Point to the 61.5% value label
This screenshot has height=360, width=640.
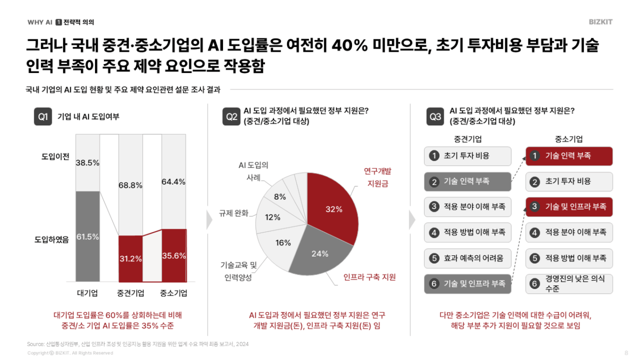point(87,237)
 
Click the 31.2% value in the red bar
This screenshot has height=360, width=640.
point(130,259)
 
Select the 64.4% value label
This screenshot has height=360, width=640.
point(173,182)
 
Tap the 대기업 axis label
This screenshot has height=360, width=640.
point(87,293)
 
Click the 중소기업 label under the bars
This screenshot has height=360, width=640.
point(173,293)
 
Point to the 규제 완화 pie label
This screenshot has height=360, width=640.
point(234,213)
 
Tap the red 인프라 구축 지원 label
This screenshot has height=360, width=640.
point(370,277)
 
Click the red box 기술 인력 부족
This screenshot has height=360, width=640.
point(569,156)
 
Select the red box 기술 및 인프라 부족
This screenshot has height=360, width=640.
point(569,207)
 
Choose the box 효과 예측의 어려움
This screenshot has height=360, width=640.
point(468,259)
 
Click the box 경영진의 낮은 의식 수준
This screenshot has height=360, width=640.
point(569,284)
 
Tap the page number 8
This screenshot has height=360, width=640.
point(626,353)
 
